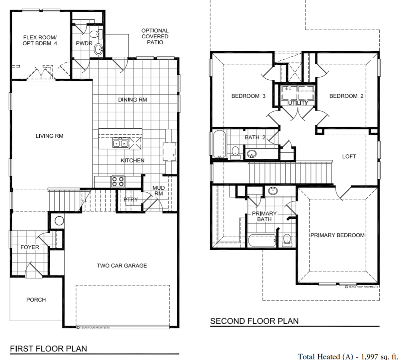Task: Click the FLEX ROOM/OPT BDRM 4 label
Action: [40, 40]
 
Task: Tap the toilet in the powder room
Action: [95, 34]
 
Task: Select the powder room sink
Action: [98, 50]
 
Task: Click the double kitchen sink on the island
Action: [120, 143]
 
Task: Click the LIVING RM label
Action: [49, 136]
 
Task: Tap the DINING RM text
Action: [132, 99]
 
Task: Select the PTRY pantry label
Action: [131, 199]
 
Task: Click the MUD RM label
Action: [158, 191]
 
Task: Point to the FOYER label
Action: [30, 247]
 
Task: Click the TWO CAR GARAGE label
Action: [122, 265]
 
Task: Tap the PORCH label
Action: [36, 299]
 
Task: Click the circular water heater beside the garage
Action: [59, 221]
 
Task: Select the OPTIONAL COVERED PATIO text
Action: [155, 36]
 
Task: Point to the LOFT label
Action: [349, 156]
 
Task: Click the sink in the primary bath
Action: [273, 191]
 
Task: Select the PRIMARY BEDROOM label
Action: [337, 235]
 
